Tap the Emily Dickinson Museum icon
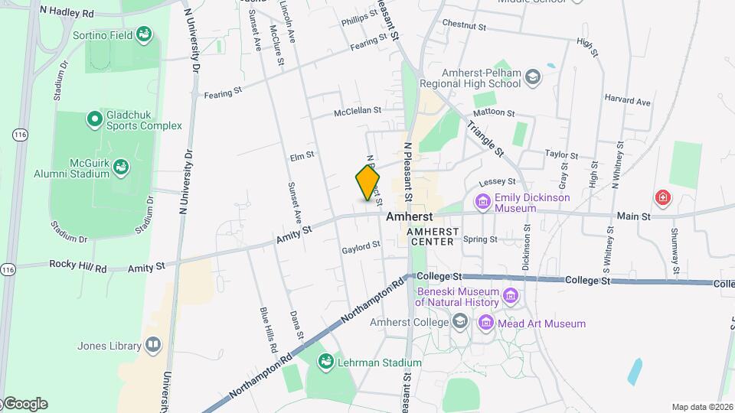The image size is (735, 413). (482, 202)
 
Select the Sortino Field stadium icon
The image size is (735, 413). (143, 34)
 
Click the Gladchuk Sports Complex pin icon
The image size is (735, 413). (94, 119)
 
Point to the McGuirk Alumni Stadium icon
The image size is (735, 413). (122, 166)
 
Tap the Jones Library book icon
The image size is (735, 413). (153, 346)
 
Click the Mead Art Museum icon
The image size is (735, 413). (485, 324)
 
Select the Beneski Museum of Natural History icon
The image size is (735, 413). (511, 295)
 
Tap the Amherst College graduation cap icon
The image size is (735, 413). (459, 322)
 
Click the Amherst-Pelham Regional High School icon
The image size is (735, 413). (533, 76)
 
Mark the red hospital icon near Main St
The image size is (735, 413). (662, 198)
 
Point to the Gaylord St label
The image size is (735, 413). (361, 247)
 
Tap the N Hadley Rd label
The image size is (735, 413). (66, 12)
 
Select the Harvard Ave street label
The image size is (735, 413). (627, 101)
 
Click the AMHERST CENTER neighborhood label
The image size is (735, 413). (432, 236)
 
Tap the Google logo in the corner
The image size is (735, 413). (25, 404)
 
